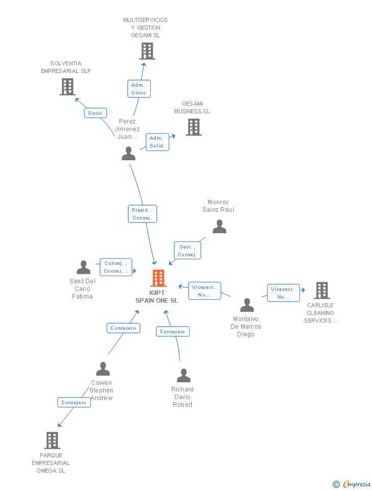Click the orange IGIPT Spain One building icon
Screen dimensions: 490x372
pos(159,278)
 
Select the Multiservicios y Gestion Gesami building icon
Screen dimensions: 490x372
pos(147,51)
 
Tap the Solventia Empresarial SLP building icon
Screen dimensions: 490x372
pos(67,87)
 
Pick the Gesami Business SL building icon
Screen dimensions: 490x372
pos(194,127)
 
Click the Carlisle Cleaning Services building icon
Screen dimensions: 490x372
pos(322,290)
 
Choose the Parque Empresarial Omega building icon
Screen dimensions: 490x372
pos(52,440)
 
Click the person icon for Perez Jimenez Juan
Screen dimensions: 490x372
pos(129,154)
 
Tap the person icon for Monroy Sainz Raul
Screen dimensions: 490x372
pos(219,227)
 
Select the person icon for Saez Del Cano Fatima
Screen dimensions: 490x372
pos(83,267)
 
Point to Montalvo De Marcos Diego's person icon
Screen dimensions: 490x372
pos(247,305)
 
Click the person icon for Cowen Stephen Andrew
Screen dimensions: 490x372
pos(103,369)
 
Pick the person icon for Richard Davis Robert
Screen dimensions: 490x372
pos(183,376)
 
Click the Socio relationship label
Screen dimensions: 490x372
pos(95,113)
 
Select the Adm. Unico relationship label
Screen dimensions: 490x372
pos(138,89)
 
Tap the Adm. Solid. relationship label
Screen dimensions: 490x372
pos(157,142)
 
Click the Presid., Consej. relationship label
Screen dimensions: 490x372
pos(142,214)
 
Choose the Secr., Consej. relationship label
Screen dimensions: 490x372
pos(188,251)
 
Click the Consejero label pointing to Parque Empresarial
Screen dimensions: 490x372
pos(74,403)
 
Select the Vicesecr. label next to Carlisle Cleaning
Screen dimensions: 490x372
pos(284,293)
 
